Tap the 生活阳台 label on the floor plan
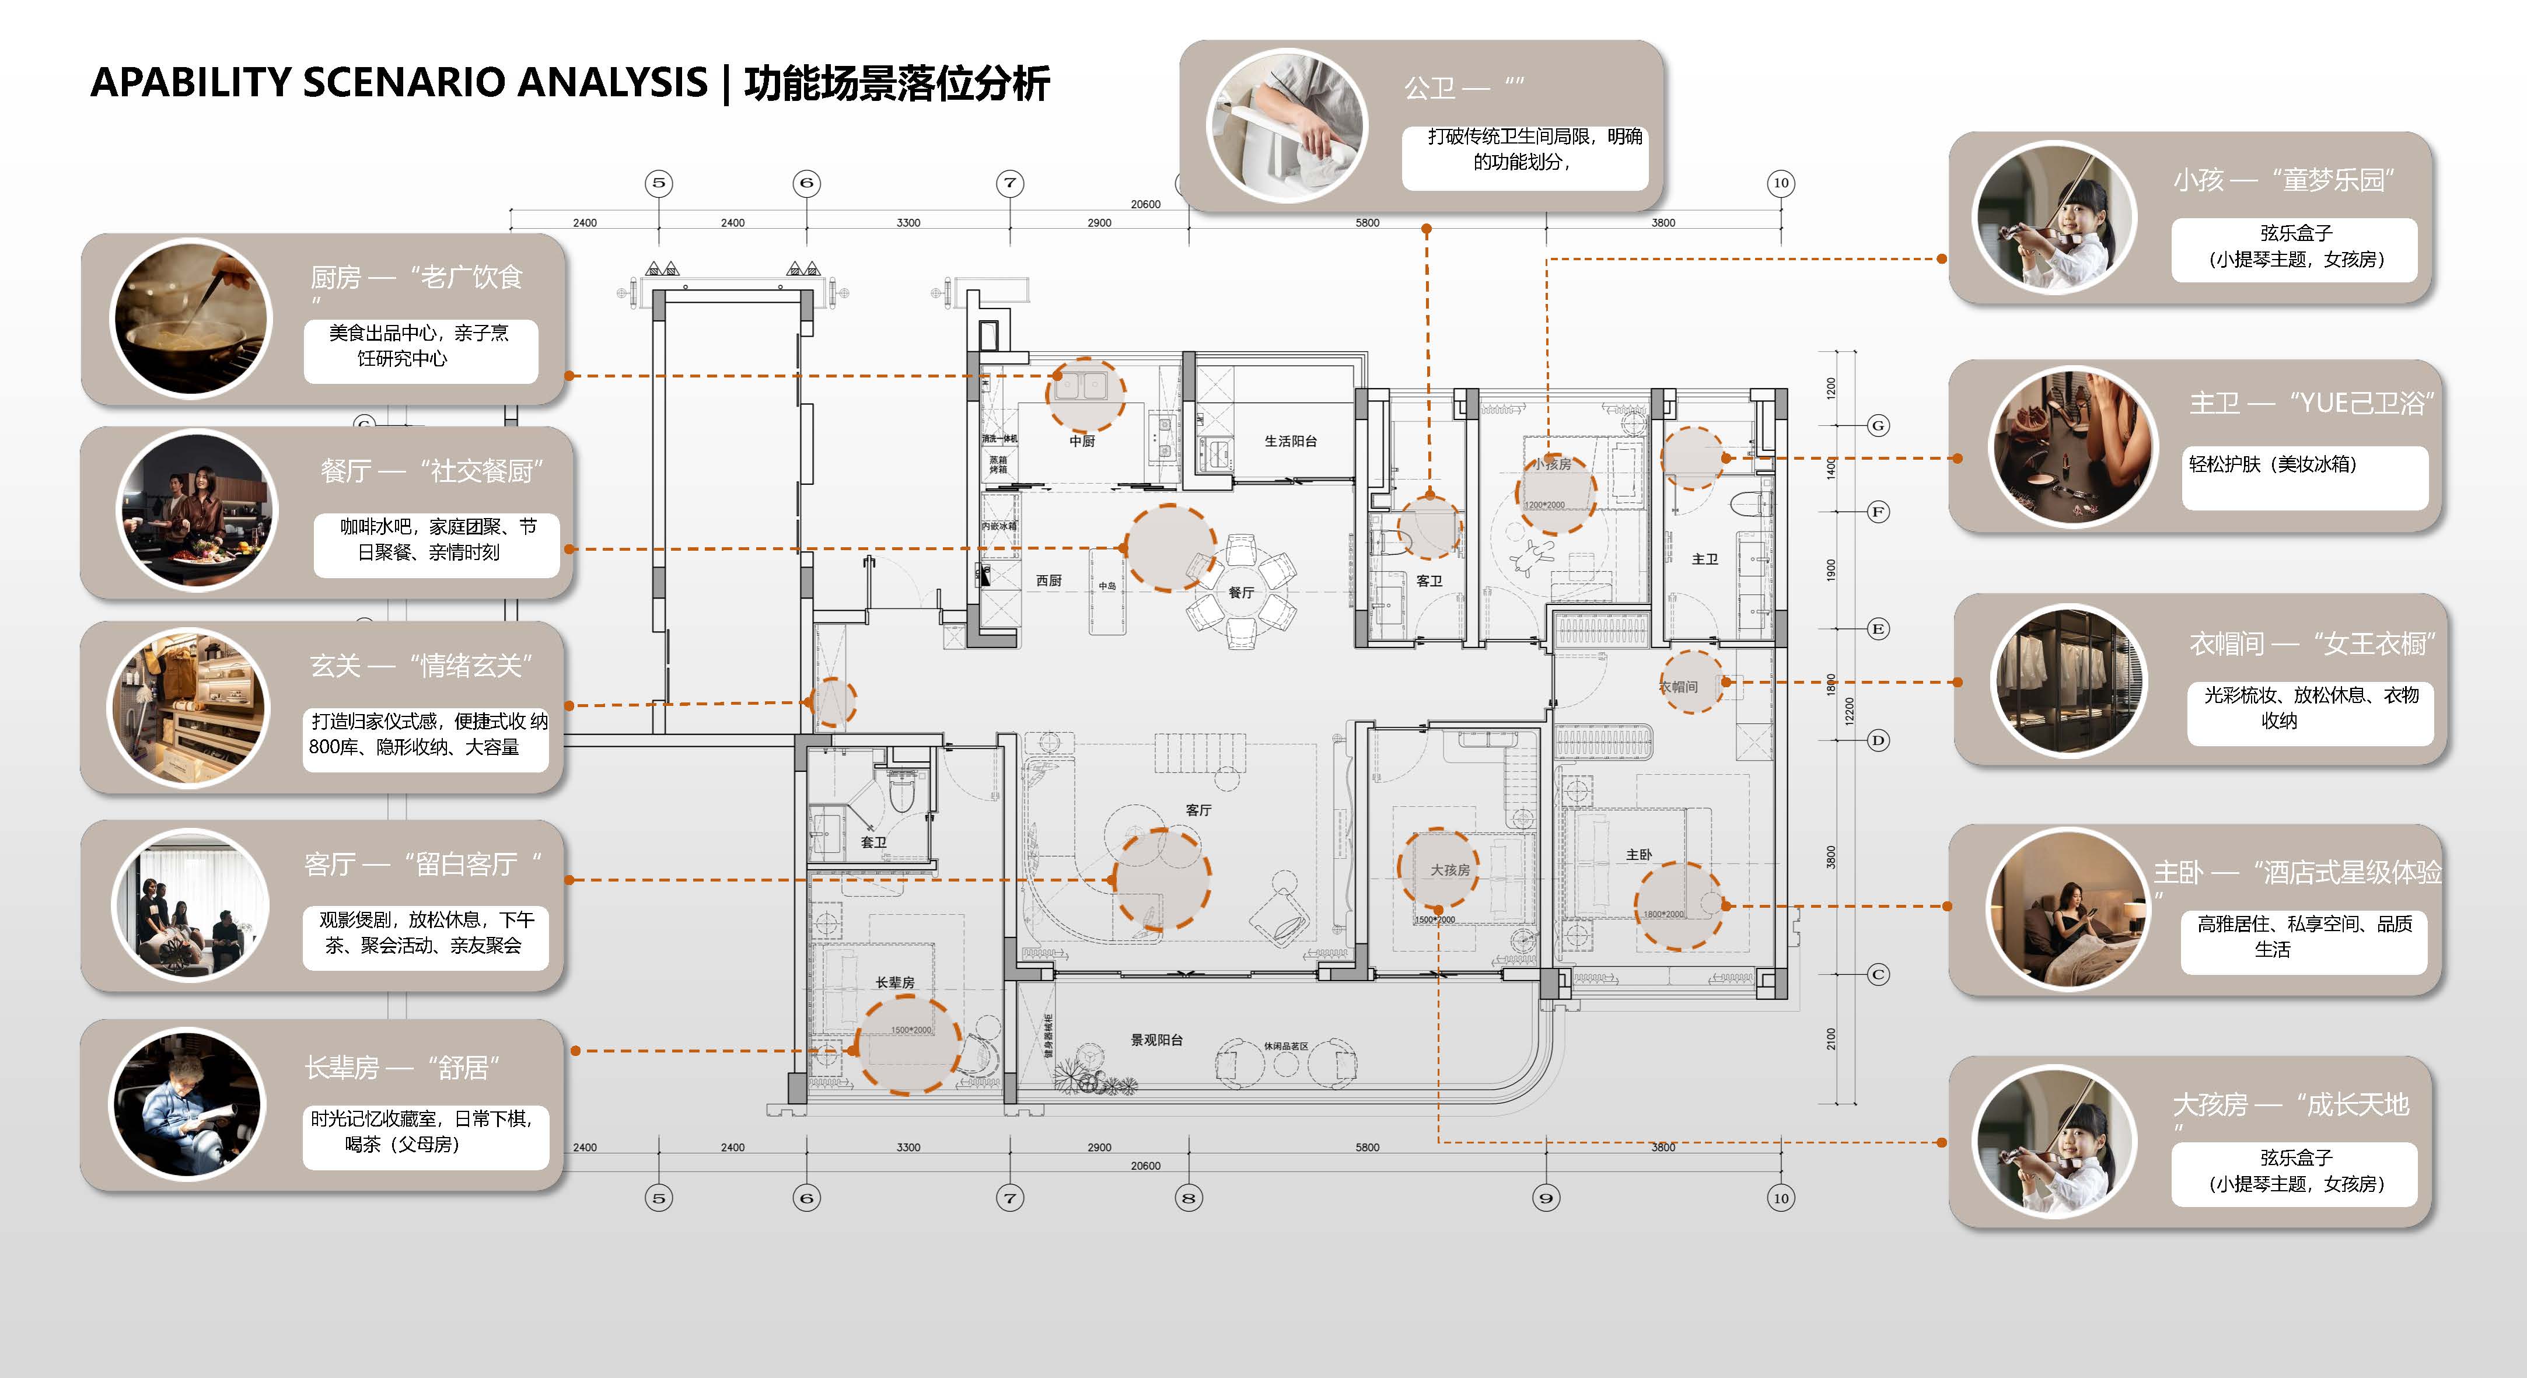click(x=1290, y=442)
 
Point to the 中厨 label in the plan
click(x=1082, y=442)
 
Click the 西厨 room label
click(x=1048, y=580)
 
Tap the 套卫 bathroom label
click(x=873, y=842)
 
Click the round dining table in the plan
click(x=1241, y=592)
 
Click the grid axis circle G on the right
click(x=1878, y=426)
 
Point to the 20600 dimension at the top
click(x=1145, y=204)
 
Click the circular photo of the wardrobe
click(x=2070, y=681)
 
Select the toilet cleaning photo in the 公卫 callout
click(x=1286, y=125)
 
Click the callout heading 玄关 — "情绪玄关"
click(x=422, y=666)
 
